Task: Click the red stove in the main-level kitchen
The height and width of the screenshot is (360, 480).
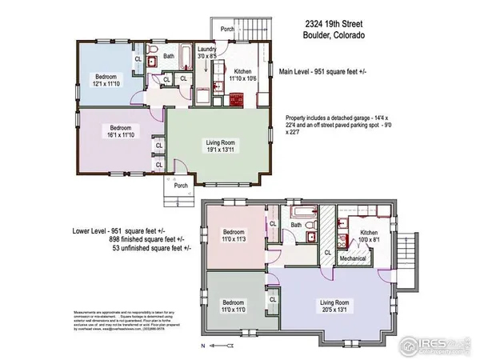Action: [x=237, y=100]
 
